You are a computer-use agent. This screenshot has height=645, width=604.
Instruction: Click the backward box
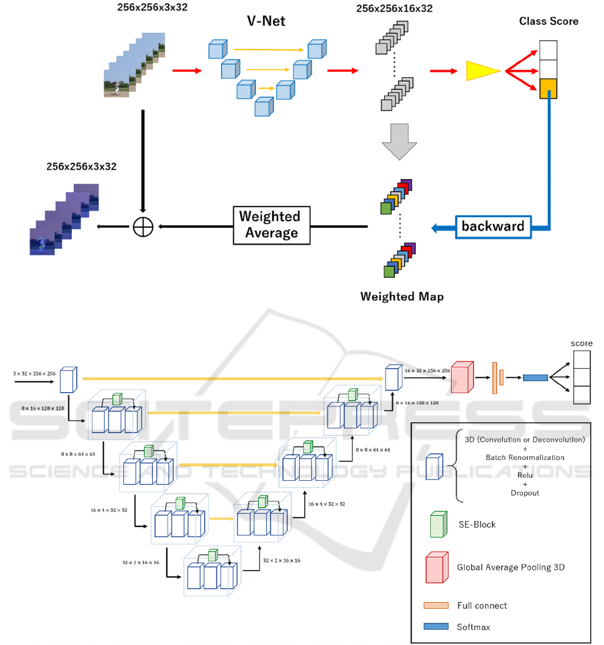[x=493, y=226]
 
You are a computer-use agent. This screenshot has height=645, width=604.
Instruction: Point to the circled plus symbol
[x=143, y=227]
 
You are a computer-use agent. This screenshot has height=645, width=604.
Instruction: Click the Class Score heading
[x=548, y=21]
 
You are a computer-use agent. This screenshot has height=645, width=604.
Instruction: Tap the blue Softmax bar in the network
[x=534, y=377]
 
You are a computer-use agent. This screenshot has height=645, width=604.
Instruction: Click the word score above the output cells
[x=581, y=343]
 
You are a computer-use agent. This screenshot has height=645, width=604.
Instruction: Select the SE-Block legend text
[x=476, y=524]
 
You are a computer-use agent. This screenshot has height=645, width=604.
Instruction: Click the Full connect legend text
[x=482, y=605]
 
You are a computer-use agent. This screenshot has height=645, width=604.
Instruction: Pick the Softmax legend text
[x=475, y=627]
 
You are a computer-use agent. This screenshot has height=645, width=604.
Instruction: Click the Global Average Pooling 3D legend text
[x=511, y=567]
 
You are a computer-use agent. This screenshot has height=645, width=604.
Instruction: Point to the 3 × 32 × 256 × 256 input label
[x=33, y=373]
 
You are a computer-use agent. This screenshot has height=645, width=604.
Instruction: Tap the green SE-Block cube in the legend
[x=438, y=524]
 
